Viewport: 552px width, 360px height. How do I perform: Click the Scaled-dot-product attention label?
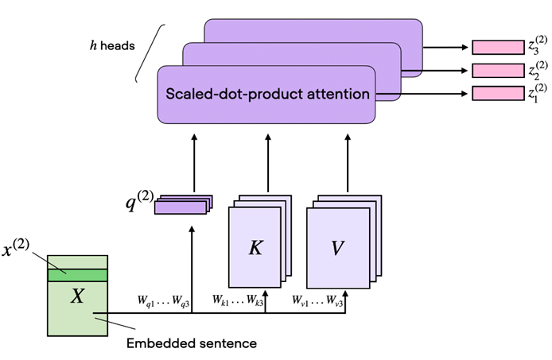(267, 94)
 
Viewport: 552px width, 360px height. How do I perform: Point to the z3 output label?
(537, 45)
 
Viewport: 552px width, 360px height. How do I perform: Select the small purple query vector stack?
(181, 204)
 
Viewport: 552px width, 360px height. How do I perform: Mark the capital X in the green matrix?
(77, 296)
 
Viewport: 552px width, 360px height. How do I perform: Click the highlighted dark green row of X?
(77, 275)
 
